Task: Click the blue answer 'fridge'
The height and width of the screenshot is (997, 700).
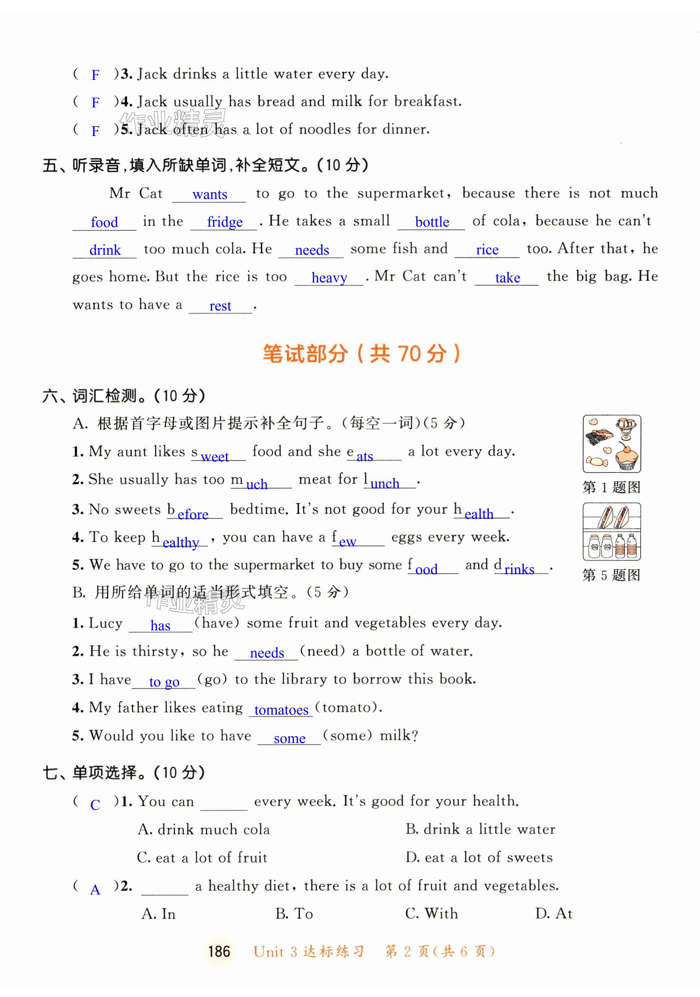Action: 225,222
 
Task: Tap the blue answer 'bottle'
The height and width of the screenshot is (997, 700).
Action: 432,222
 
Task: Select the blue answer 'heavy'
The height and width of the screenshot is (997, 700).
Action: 329,278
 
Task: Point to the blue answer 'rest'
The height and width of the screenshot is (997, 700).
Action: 220,306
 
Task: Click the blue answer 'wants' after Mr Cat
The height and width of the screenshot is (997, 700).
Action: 210,194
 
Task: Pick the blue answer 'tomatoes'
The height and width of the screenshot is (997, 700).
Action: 281,710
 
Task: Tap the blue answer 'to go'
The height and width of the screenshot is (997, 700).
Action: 164,682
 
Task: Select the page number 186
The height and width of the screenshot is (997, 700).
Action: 219,951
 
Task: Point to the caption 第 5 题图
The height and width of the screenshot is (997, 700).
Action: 611,575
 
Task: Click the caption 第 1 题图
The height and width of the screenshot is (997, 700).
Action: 611,487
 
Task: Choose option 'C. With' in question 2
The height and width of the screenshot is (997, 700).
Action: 431,913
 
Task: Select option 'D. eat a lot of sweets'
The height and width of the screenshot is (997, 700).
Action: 479,857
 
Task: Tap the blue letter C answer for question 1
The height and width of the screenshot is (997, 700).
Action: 95,805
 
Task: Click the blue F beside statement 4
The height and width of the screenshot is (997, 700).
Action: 96,103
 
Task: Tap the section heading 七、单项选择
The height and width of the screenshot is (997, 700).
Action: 124,772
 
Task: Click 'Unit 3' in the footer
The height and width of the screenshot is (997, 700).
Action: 275,951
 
